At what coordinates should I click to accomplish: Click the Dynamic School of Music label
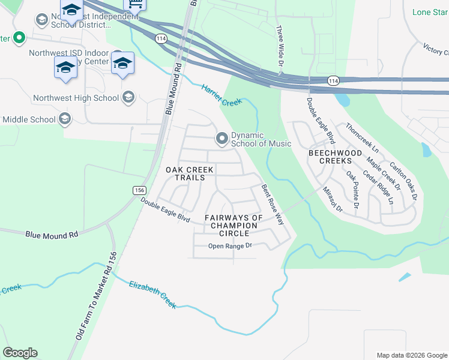(261, 139)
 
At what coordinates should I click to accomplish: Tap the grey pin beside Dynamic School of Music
(222, 139)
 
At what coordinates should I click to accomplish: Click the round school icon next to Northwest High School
(128, 97)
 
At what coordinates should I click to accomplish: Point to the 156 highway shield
(139, 190)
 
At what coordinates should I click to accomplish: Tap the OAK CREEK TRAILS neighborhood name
(189, 173)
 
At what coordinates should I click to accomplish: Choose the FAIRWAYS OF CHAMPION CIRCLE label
(234, 225)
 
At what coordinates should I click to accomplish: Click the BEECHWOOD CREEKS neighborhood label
(335, 157)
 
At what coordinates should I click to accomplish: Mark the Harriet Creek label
(221, 95)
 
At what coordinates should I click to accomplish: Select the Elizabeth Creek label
(152, 294)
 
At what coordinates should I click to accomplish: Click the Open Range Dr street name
(229, 246)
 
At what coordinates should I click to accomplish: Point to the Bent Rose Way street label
(272, 204)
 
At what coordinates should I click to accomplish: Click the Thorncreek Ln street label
(362, 138)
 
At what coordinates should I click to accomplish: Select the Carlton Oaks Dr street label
(403, 181)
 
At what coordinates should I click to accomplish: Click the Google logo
(20, 353)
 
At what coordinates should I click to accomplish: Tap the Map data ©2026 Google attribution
(411, 355)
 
